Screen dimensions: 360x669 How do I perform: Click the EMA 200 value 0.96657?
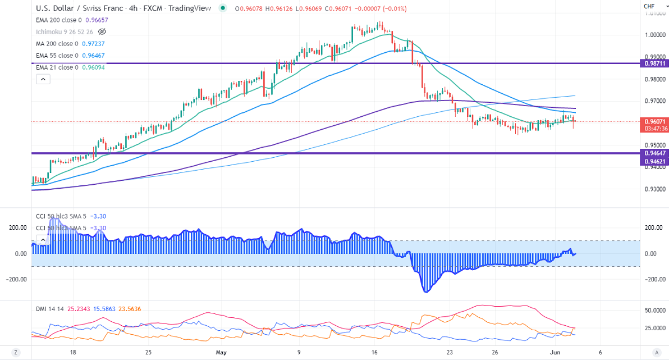[x=97, y=20]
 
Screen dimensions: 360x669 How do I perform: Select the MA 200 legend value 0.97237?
[x=93, y=44]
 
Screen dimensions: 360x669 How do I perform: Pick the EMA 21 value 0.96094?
[x=93, y=67]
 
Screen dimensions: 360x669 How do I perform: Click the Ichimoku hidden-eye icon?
[x=102, y=32]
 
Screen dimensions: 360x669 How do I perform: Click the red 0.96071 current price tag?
[x=654, y=121]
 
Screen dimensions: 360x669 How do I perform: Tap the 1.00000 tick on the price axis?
[x=655, y=35]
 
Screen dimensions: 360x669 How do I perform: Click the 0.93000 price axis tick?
[x=655, y=189]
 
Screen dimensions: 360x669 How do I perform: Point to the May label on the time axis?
[x=222, y=353]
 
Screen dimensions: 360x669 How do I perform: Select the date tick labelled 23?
[x=450, y=353]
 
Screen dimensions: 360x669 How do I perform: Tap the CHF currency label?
[x=649, y=6]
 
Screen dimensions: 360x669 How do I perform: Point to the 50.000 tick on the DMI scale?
[x=654, y=310]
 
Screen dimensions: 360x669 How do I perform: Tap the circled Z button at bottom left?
[x=16, y=353]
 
